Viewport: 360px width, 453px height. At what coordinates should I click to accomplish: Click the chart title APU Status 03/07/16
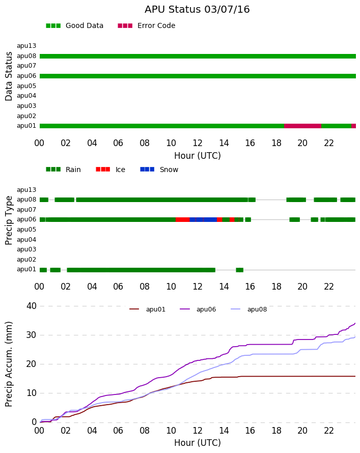(x=197, y=10)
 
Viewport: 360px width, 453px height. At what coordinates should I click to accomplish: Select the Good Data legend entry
(x=74, y=26)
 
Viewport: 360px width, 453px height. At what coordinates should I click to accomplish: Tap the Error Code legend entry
(x=147, y=26)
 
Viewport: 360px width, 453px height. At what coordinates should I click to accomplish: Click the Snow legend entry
(x=159, y=169)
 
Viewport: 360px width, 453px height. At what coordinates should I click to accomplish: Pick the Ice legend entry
(x=110, y=169)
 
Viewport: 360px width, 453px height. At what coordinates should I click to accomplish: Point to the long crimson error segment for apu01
(x=303, y=126)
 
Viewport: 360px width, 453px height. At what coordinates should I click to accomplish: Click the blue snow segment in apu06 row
(x=203, y=219)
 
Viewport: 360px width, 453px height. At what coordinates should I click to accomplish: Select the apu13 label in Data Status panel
(x=26, y=46)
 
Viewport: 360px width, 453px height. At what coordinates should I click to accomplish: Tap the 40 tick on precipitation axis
(x=32, y=306)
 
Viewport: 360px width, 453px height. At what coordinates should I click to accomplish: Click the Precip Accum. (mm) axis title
(x=9, y=364)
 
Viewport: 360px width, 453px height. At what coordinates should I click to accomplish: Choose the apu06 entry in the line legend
(x=198, y=309)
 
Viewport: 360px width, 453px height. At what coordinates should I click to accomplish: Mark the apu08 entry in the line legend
(x=249, y=309)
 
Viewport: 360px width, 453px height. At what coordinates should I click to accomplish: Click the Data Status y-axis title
(x=9, y=76)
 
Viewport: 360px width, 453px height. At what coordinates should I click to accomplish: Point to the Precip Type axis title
(x=9, y=220)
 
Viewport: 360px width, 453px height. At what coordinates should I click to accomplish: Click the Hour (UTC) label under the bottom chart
(x=198, y=443)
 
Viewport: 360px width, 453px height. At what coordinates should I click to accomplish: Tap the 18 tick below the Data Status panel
(x=276, y=143)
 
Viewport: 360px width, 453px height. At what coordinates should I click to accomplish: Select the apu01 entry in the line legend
(x=147, y=309)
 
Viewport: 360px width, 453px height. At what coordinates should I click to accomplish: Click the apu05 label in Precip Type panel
(x=26, y=230)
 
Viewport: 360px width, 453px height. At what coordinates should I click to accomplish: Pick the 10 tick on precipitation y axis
(x=32, y=393)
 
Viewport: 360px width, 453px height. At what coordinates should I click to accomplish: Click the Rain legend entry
(x=63, y=169)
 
